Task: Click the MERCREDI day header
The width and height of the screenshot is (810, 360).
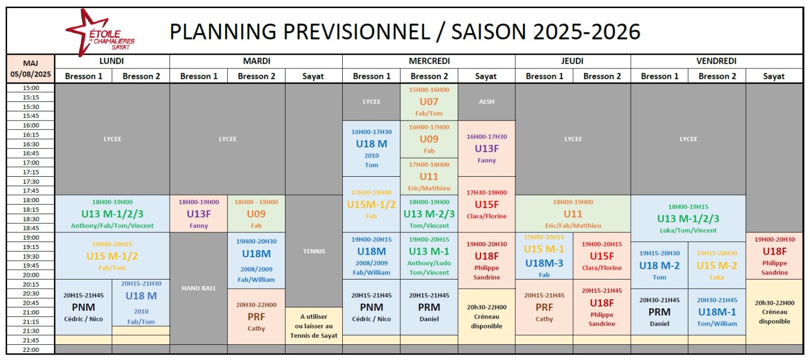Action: (x=429, y=61)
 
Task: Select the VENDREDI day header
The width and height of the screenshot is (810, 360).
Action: (x=716, y=61)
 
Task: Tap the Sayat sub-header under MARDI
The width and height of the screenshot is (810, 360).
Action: (x=313, y=76)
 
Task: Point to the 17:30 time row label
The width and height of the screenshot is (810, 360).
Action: (x=31, y=181)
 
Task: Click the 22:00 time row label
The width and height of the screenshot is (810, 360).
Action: (x=31, y=349)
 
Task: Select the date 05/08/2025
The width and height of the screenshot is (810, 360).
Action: (x=31, y=74)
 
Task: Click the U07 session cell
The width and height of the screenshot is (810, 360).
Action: (x=429, y=102)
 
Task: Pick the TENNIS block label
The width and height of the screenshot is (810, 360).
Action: (x=314, y=251)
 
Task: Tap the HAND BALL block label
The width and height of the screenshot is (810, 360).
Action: (x=199, y=289)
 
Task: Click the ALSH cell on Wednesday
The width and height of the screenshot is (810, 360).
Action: (x=487, y=102)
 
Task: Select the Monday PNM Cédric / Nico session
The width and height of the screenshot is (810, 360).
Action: (x=84, y=307)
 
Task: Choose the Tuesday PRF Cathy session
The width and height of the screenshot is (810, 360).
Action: (x=256, y=316)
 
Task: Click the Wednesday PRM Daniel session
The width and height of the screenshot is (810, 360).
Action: (x=429, y=307)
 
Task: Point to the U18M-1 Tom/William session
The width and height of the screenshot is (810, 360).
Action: (x=717, y=312)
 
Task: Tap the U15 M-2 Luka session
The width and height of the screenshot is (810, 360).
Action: (x=717, y=265)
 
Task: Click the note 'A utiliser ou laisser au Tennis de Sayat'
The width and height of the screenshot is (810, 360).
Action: (x=314, y=326)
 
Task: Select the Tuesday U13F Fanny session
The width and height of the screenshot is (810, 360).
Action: (x=198, y=214)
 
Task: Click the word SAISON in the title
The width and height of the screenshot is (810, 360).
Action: (x=489, y=31)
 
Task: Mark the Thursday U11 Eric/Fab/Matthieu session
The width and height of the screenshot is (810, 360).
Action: (x=573, y=214)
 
